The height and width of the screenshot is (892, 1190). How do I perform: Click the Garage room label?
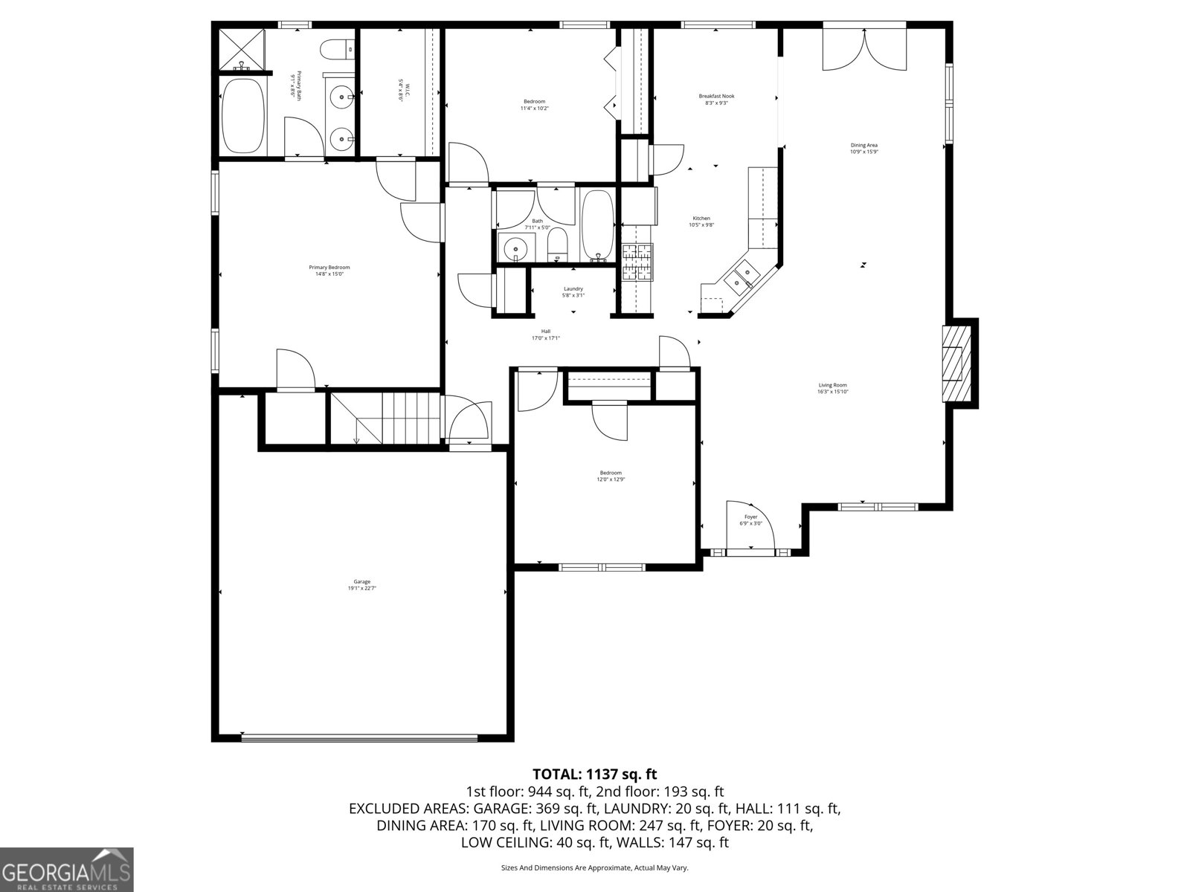[362, 585]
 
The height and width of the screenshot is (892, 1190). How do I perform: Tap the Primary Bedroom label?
[329, 271]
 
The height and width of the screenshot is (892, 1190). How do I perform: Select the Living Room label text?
[832, 388]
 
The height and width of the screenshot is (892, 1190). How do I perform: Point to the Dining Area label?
[864, 148]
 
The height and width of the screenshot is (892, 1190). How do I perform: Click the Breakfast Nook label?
[716, 99]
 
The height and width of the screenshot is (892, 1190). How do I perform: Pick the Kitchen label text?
[701, 222]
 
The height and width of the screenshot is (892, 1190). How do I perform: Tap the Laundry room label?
[573, 291]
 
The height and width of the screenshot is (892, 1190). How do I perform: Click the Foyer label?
[750, 520]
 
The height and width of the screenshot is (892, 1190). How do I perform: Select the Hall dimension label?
[545, 338]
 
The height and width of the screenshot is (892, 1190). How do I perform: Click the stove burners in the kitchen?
[636, 263]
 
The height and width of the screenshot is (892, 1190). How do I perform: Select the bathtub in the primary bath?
[243, 115]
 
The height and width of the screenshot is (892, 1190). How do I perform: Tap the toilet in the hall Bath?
[557, 245]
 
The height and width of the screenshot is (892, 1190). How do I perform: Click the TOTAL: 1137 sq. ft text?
[594, 775]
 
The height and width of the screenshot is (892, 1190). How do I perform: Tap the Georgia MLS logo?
[66, 870]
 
